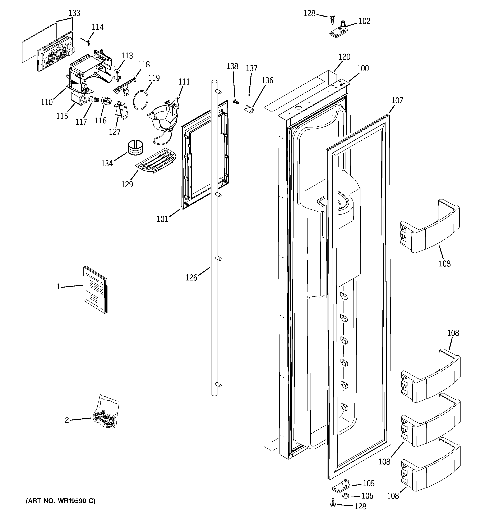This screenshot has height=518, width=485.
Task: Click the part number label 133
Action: pyautogui.click(x=74, y=13)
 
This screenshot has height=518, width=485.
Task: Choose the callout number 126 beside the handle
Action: pyautogui.click(x=191, y=278)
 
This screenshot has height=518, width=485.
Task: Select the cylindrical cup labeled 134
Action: pyautogui.click(x=135, y=148)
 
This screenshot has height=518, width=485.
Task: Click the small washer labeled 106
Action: pyautogui.click(x=346, y=496)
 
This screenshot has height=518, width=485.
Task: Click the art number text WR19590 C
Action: pyautogui.click(x=60, y=501)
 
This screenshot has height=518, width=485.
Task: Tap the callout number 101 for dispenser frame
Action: pyautogui.click(x=162, y=219)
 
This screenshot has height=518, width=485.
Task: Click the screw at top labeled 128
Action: pyautogui.click(x=332, y=19)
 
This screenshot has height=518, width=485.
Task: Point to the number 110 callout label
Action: pyautogui.click(x=47, y=102)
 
